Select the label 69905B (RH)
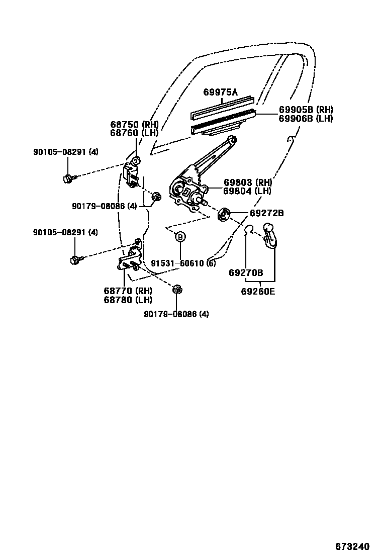click(306, 110)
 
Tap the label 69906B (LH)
click(306, 119)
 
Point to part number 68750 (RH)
click(134, 124)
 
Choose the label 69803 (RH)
click(248, 182)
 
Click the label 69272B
click(267, 213)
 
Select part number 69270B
click(246, 273)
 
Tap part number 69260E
click(258, 291)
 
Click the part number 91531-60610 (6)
click(183, 263)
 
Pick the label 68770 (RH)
click(128, 291)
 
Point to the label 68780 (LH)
click(128, 300)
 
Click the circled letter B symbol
click(180, 237)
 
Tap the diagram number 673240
click(352, 546)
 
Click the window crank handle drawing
click(270, 235)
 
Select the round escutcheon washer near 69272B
click(224, 215)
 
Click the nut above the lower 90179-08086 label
click(177, 290)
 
